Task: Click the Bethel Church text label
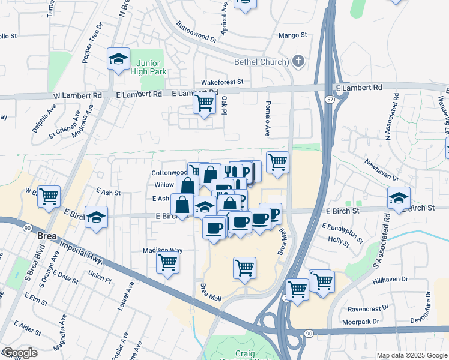(x=261, y=61)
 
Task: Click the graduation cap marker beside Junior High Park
(x=118, y=59)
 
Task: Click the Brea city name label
(x=47, y=236)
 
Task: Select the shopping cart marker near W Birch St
(x=49, y=196)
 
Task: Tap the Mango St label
(x=292, y=36)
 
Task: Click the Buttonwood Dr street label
(x=196, y=32)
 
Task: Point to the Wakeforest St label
(x=221, y=82)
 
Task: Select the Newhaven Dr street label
(x=381, y=170)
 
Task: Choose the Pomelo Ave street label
(x=268, y=118)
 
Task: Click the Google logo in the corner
(x=20, y=353)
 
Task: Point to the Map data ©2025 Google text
(x=412, y=355)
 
